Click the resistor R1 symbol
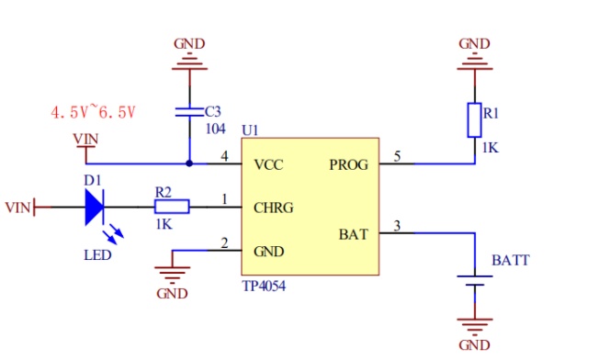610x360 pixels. (x=474, y=120)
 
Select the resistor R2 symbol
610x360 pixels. (x=172, y=207)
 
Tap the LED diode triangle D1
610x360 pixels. (x=95, y=207)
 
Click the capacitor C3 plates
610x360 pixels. (x=189, y=112)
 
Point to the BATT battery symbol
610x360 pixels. (x=475, y=281)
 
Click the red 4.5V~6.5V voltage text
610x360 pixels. (x=93, y=113)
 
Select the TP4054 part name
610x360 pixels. (x=264, y=287)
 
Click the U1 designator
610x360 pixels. (x=250, y=130)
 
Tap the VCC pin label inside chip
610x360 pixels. (x=268, y=164)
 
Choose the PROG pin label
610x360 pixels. (x=348, y=164)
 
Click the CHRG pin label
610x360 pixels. (x=274, y=208)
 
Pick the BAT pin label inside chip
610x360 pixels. (x=354, y=234)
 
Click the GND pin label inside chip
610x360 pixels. (x=269, y=252)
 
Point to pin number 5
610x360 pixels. (x=397, y=156)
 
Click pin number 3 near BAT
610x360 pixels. (x=397, y=226)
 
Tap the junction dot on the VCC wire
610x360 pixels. (x=189, y=163)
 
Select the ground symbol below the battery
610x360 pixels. (x=475, y=327)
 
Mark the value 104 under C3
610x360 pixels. (x=215, y=129)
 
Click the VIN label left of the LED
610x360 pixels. (x=17, y=208)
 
